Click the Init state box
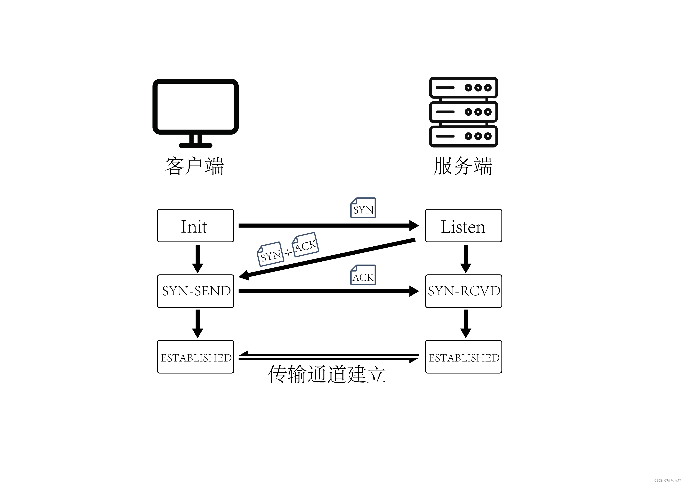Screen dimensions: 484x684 [195, 226]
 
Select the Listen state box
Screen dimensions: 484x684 [463, 226]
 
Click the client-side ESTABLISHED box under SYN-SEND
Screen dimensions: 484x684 [195, 357]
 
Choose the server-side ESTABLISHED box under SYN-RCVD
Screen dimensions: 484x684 [463, 357]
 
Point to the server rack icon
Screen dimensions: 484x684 [463, 112]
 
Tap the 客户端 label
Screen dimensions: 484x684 [194, 166]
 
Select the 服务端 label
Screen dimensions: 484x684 [463, 166]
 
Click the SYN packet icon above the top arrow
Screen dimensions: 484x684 [363, 208]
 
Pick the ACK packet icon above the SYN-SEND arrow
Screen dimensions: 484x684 [363, 275]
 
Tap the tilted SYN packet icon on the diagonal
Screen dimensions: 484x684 [270, 254]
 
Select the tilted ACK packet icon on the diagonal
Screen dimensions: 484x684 [305, 245]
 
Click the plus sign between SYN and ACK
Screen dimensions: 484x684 [288, 253]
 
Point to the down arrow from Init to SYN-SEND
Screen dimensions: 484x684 [198, 258]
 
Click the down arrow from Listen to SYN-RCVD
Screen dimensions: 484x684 [466, 258]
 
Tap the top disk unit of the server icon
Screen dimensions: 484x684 [463, 88]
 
